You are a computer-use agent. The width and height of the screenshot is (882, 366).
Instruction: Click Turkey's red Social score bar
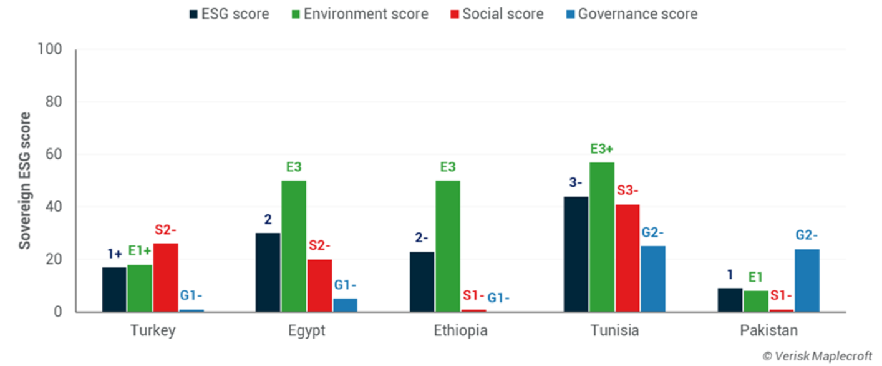coord(165,277)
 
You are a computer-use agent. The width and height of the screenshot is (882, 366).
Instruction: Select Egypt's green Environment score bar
coord(293,246)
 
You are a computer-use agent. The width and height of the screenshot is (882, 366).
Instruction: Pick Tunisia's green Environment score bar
coord(601,237)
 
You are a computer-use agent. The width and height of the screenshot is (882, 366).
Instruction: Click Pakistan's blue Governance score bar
coord(807,280)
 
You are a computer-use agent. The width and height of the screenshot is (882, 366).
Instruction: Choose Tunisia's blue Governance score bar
coord(652,279)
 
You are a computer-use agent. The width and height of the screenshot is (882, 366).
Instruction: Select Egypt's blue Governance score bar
coord(345,305)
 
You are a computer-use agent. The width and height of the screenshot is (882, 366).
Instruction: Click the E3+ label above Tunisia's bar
coord(601,149)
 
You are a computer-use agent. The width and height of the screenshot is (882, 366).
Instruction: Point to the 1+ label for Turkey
coord(114,254)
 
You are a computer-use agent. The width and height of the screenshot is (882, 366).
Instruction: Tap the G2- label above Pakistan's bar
coord(807,235)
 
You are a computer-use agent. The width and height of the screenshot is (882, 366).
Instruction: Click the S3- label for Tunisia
coord(627,190)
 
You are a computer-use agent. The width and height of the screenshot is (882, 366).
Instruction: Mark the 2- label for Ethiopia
coord(422,238)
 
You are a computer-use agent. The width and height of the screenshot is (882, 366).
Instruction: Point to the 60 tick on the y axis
coord(54,154)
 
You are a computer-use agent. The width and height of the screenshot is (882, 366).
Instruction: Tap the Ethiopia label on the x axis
coord(460,330)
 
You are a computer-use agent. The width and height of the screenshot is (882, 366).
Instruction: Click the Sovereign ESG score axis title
coord(24,181)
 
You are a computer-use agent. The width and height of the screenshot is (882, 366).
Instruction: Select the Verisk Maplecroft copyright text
coord(817,355)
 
